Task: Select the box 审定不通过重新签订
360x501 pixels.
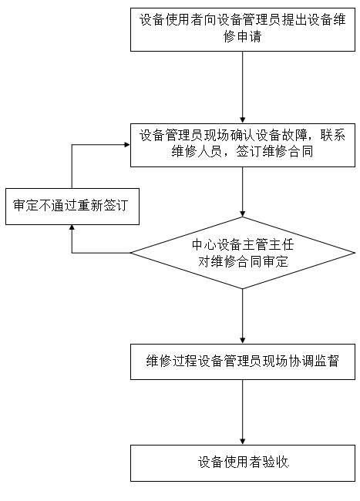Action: (x=72, y=207)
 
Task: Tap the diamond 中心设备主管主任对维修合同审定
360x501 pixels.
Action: (x=243, y=253)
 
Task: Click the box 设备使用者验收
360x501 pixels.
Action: (x=243, y=463)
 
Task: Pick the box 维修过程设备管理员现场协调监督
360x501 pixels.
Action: (x=243, y=361)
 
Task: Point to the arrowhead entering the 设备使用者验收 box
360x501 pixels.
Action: (x=243, y=442)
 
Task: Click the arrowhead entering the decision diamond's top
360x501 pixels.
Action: (x=243, y=214)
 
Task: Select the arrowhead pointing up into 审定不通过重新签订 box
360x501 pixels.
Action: (x=72, y=228)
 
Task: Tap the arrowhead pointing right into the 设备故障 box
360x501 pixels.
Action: (x=127, y=145)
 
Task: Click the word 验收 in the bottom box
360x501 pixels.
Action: (x=276, y=462)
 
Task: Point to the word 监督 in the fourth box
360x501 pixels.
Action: (x=326, y=361)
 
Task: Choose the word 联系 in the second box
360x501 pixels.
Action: (x=333, y=135)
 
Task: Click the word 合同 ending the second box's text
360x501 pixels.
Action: (x=301, y=151)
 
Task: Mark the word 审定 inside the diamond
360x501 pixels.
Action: (x=275, y=262)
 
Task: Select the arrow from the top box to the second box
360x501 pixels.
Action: (x=243, y=87)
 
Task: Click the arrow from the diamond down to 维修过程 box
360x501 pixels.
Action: (x=243, y=316)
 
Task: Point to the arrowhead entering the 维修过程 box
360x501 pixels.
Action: (x=243, y=341)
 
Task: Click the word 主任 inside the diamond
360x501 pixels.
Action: (x=281, y=245)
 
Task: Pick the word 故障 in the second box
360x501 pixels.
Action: (x=294, y=135)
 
